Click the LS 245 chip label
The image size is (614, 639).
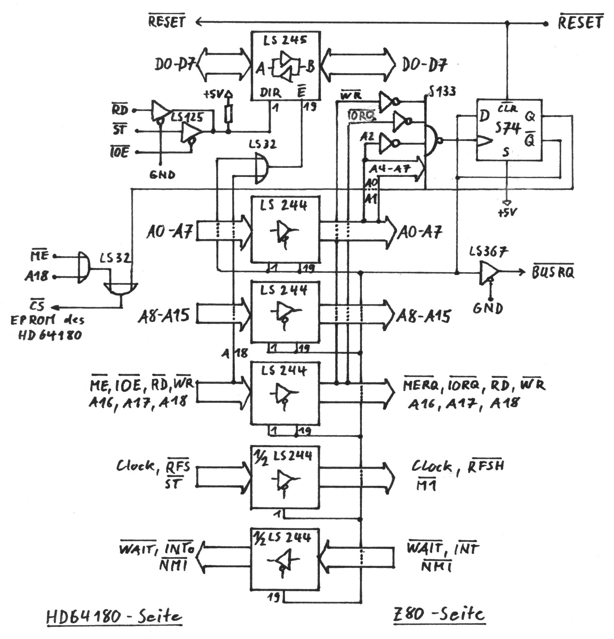tap(285, 41)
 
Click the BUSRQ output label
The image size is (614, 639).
tap(553, 272)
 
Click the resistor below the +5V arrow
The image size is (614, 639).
tap(229, 113)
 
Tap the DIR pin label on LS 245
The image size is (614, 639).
tap(270, 93)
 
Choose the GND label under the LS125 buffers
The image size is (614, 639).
tap(162, 175)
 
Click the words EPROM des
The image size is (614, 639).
tap(47, 320)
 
